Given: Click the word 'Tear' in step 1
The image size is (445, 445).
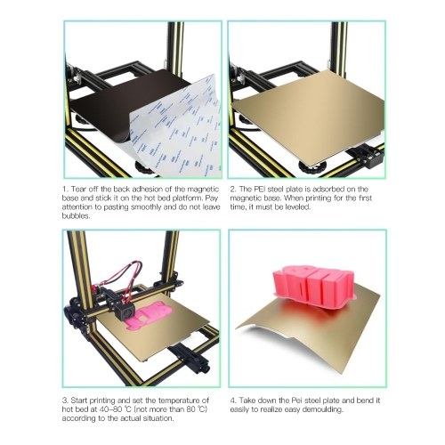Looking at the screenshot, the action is (x=79, y=190).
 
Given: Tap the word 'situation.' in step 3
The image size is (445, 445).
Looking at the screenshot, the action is (x=158, y=418).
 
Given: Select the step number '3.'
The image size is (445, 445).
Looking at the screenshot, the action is (x=66, y=400).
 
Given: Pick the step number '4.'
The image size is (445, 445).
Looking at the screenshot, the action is (x=233, y=400).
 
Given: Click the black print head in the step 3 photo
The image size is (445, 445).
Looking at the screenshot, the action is (x=125, y=311).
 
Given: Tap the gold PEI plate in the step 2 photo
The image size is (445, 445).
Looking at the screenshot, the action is (x=309, y=116).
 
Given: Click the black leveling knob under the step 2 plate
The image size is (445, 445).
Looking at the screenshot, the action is (x=311, y=168).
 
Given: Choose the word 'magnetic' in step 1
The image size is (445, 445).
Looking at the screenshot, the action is (x=205, y=190).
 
